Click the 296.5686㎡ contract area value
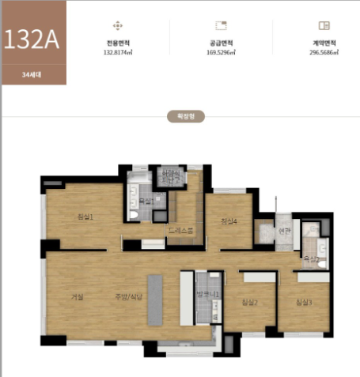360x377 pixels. (x=324, y=52)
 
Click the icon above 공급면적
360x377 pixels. (x=222, y=25)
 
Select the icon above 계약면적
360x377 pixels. (x=324, y=25)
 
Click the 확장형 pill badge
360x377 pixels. (x=180, y=115)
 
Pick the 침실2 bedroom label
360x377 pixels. (x=250, y=302)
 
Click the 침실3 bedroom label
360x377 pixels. (x=304, y=302)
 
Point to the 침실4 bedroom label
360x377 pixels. (x=229, y=221)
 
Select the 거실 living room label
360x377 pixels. (x=77, y=296)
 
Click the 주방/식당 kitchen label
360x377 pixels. (x=123, y=296)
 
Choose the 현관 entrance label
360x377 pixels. (x=286, y=231)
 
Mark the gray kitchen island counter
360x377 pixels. (x=155, y=300)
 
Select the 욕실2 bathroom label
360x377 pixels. (x=312, y=258)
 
